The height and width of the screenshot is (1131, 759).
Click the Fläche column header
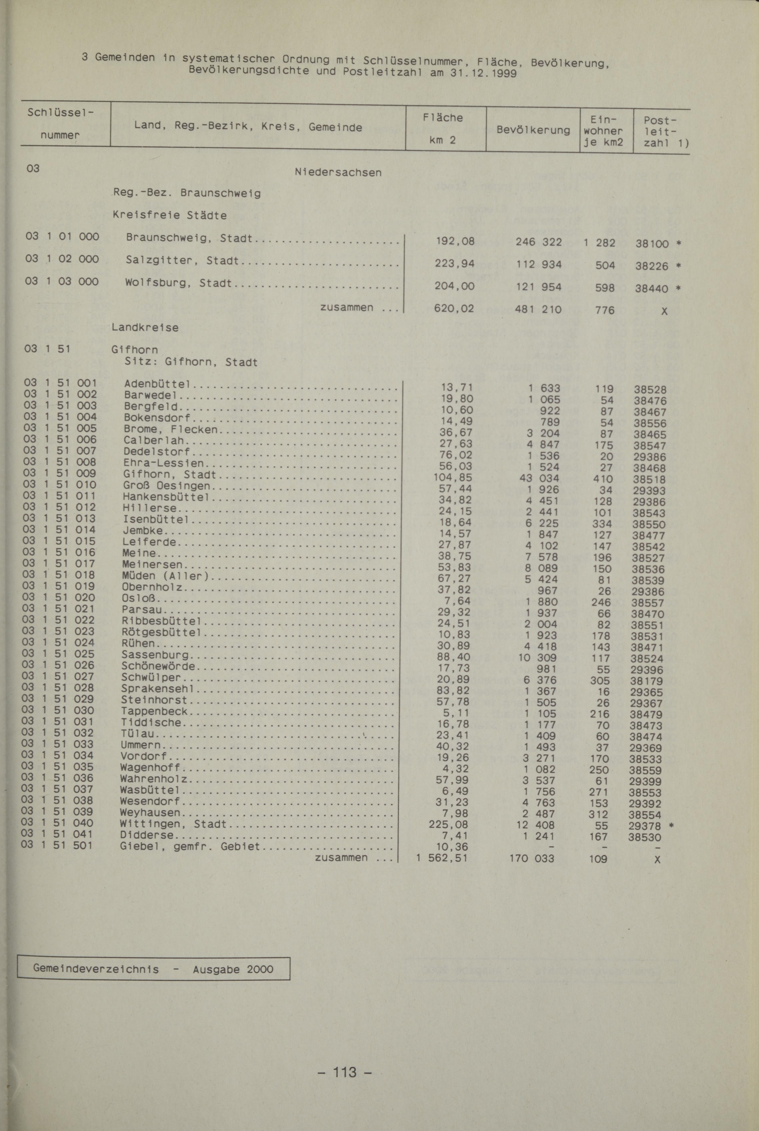tap(442, 118)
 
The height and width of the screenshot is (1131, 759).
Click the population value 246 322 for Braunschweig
tap(538, 242)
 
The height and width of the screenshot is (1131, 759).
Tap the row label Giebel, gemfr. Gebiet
tap(190, 847)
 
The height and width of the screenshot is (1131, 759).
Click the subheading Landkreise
tap(145, 327)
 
